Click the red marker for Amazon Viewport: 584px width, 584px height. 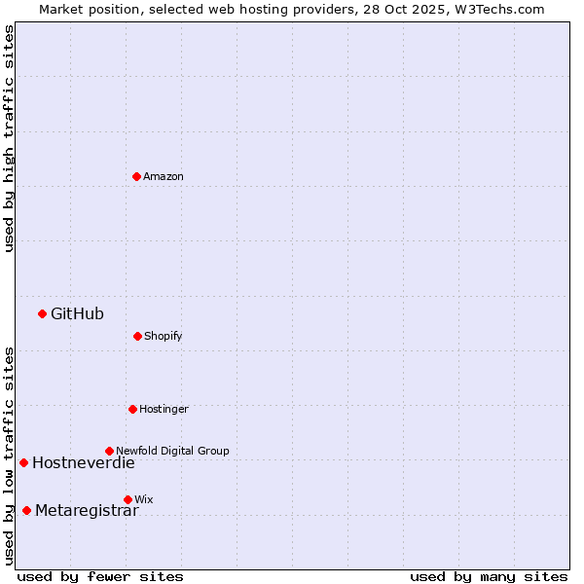(136, 176)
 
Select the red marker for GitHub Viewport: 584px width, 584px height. (42, 313)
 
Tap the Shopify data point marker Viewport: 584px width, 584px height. (137, 336)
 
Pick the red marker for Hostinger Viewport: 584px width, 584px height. (132, 409)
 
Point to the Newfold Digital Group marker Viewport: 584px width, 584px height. (109, 451)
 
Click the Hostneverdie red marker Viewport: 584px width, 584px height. (23, 462)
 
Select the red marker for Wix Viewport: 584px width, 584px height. (128, 499)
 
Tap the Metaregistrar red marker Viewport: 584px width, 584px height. (26, 510)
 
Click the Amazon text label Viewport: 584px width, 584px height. (164, 176)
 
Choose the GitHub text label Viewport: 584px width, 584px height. (77, 313)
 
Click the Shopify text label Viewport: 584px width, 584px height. (164, 336)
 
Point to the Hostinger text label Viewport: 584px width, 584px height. (164, 409)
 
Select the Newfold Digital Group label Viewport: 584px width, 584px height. (172, 451)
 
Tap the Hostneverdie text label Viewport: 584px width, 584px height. (84, 462)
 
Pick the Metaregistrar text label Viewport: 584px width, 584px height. (87, 510)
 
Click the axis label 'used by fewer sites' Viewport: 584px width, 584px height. (100, 576)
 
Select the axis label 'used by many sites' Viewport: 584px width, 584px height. (489, 576)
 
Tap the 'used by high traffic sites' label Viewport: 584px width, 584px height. (9, 138)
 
